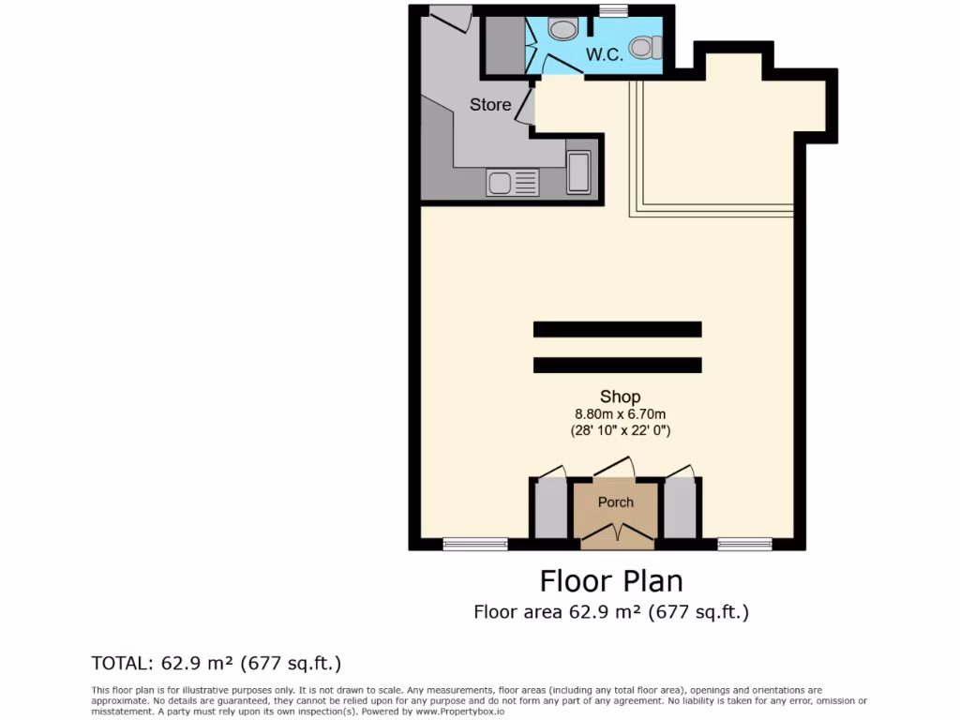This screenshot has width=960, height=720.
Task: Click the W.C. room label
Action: click(x=605, y=55)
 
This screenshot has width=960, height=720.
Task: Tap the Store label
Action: click(x=490, y=105)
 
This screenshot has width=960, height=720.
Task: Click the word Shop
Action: click(x=620, y=397)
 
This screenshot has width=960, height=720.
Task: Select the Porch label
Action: click(x=616, y=502)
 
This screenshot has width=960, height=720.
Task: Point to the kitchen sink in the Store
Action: click(x=512, y=182)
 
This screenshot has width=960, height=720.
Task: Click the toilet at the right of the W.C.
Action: click(x=645, y=46)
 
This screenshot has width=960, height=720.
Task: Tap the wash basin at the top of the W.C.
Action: click(x=562, y=30)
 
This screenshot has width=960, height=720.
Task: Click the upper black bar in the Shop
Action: click(x=617, y=329)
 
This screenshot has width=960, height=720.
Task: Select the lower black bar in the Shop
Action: click(x=617, y=365)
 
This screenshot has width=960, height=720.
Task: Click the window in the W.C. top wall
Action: click(x=613, y=11)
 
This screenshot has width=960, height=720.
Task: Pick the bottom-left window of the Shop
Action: click(x=474, y=544)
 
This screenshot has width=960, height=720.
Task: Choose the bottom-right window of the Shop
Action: click(x=744, y=544)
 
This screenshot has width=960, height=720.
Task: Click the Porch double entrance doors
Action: click(x=616, y=536)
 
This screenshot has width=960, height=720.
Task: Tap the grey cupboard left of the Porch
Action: click(x=551, y=509)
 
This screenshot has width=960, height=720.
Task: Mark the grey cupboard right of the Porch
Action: click(x=680, y=509)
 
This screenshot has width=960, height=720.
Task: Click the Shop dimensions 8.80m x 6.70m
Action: click(x=620, y=414)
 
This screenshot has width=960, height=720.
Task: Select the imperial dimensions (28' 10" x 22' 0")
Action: click(x=620, y=431)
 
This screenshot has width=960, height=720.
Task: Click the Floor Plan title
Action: click(x=611, y=581)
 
